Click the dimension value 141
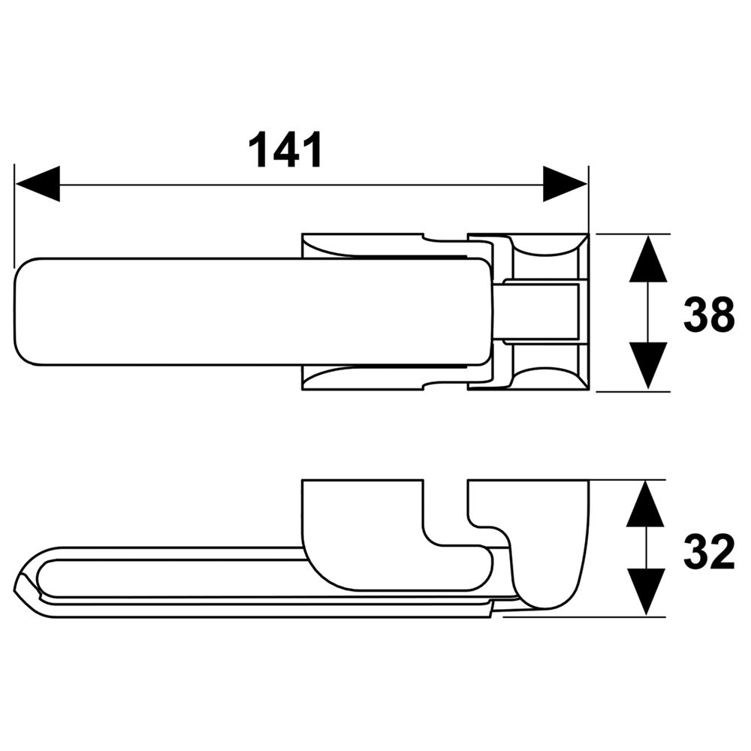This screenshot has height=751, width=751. click(x=285, y=149)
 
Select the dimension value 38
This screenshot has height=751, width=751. click(x=708, y=315)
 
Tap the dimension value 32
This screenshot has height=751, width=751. click(x=708, y=554)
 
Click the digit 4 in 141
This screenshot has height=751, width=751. click(x=285, y=149)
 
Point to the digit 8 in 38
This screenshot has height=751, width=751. click(x=722, y=315)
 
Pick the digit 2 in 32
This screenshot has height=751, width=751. click(x=722, y=554)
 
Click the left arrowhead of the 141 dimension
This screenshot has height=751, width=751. click(x=38, y=184)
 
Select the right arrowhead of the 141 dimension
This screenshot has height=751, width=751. click(x=565, y=184)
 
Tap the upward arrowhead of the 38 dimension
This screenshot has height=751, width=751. click(x=648, y=259)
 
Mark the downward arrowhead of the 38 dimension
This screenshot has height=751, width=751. click(x=648, y=366)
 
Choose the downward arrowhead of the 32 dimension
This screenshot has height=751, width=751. click(x=645, y=592)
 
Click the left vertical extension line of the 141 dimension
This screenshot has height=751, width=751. click(x=14, y=218)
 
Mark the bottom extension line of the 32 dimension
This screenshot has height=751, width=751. click(x=586, y=617)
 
